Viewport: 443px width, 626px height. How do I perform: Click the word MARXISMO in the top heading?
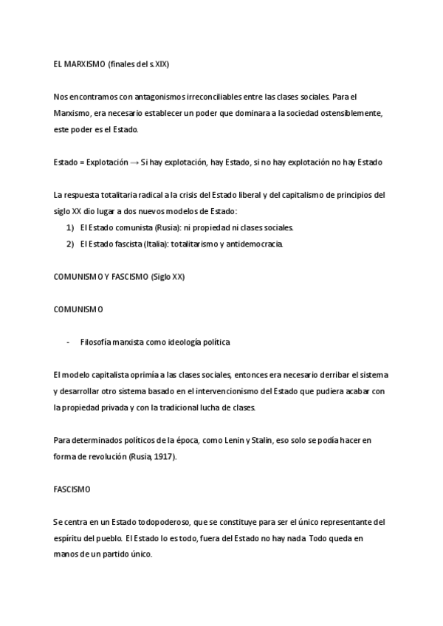[84, 64]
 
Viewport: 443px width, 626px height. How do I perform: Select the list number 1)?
[70, 227]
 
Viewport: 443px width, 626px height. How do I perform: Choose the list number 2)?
[70, 244]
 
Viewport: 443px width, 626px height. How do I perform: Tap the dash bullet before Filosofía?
[69, 342]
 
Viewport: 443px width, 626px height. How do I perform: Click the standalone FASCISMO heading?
[72, 489]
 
